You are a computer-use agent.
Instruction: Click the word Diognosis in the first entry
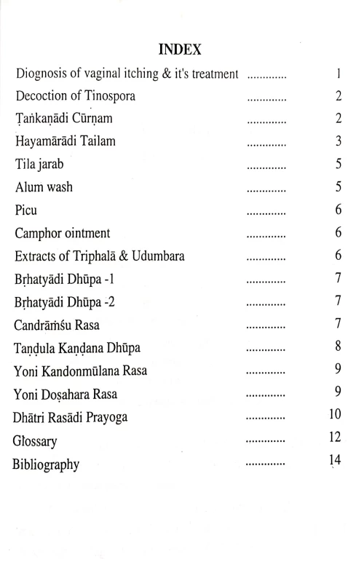[43, 74]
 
